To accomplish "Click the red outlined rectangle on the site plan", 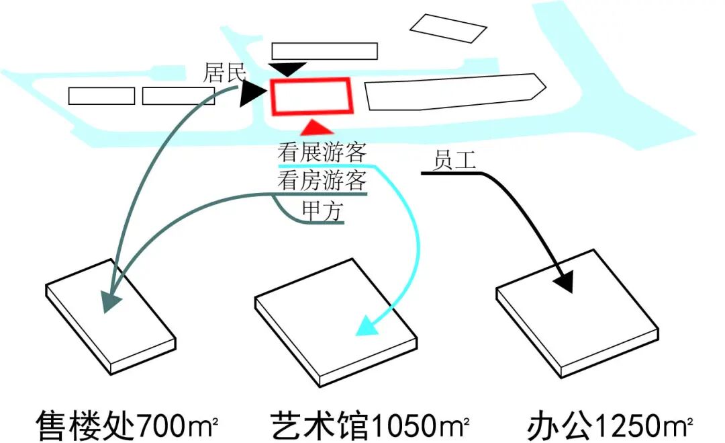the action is pos(311,97).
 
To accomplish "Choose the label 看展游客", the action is pos(322,153).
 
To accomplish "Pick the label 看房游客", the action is pos(322,180).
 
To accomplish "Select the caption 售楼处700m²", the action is pos(128,426).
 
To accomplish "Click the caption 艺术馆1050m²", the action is pos(370,426).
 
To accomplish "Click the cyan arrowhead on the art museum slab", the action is pos(366,327).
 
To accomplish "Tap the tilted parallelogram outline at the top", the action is pos(448,28).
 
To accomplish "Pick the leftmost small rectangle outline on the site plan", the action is pos(101,96).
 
